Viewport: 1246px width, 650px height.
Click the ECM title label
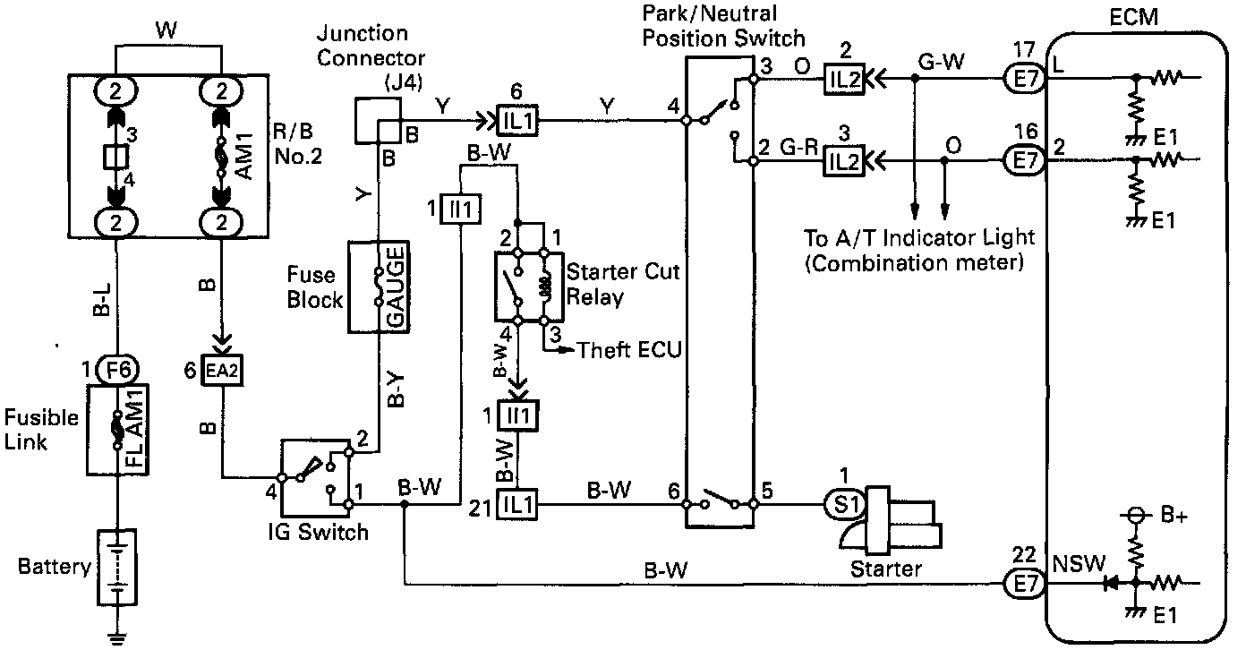click(1133, 18)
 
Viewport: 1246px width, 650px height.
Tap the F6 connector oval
click(117, 370)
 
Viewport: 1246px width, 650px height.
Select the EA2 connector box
click(221, 370)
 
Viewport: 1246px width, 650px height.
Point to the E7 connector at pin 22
click(1025, 584)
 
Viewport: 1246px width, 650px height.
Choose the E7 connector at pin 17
click(1025, 79)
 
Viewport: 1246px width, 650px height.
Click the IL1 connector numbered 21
click(517, 505)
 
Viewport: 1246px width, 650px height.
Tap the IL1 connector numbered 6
click(517, 120)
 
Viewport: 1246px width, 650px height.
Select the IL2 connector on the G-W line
click(844, 79)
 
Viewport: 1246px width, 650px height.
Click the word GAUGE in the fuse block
click(395, 287)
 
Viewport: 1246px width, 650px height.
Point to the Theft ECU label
click(629, 350)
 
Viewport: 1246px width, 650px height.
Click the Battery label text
click(54, 567)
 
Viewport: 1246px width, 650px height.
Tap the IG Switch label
click(318, 532)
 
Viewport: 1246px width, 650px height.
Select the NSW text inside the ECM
click(1079, 564)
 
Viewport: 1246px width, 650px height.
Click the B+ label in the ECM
click(1173, 516)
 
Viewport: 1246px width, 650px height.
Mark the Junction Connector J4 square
click(378, 121)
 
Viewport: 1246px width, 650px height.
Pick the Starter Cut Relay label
click(622, 285)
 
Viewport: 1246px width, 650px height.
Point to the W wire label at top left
click(166, 30)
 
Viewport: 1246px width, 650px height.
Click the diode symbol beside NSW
click(1110, 583)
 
